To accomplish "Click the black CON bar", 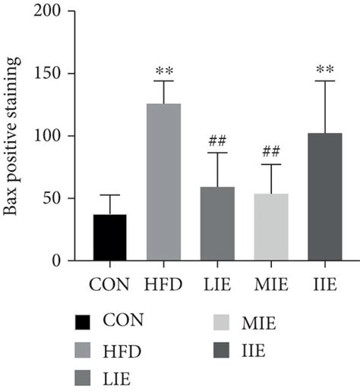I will [109, 238].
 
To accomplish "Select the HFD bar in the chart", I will [163, 182].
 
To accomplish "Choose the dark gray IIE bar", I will [324, 198].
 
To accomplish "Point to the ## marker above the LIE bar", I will [217, 142].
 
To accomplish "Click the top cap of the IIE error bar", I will [324, 81].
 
